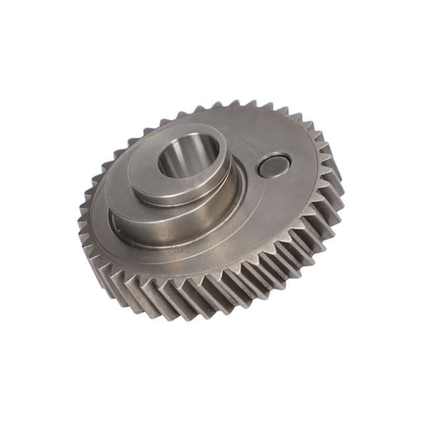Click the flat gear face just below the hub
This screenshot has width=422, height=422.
(191, 260)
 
